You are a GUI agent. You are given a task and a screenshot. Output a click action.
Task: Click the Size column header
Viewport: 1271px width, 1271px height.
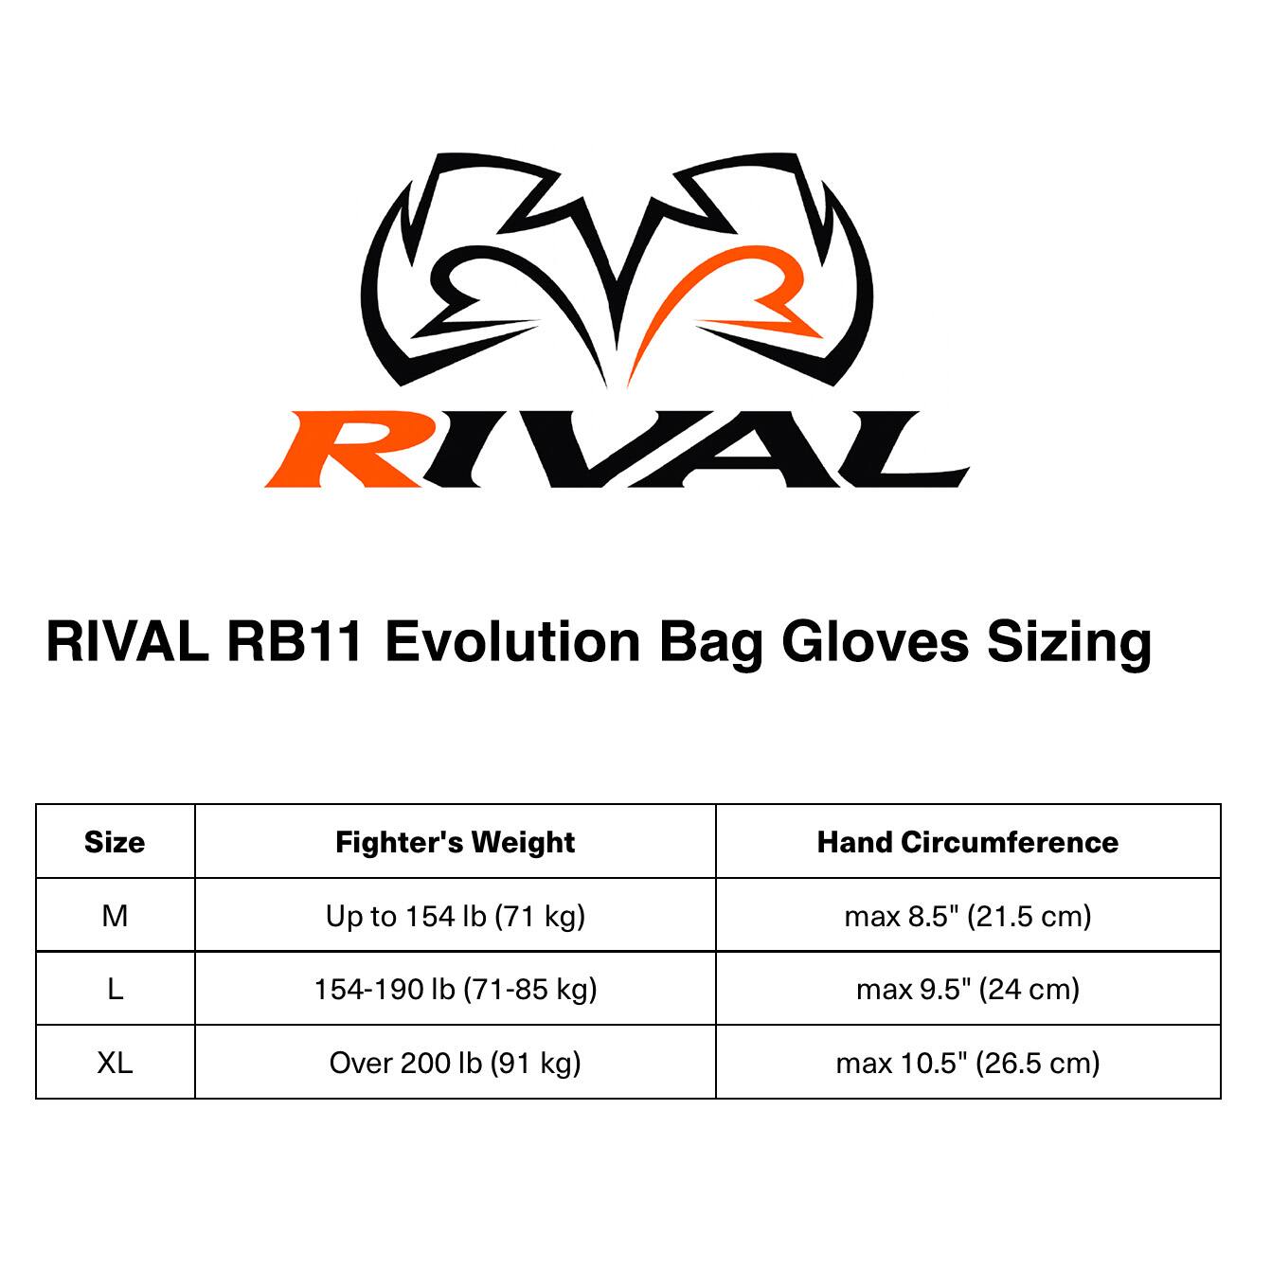coord(115,842)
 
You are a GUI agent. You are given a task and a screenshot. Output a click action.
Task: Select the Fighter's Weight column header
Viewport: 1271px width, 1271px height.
coord(455,842)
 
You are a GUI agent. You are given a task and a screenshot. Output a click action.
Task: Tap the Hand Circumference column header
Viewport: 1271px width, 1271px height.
coord(968,842)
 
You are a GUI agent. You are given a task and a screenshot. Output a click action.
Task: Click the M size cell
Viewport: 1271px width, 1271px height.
coord(115,916)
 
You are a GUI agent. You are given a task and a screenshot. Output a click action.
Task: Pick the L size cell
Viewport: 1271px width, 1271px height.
coord(115,990)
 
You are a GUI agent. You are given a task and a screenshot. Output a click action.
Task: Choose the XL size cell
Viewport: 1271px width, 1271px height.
coord(115,1063)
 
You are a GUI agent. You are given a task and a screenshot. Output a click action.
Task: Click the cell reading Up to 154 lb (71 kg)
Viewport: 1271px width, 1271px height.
coord(455,916)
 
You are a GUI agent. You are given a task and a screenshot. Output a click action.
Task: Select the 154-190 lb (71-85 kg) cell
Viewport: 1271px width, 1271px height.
coord(455,990)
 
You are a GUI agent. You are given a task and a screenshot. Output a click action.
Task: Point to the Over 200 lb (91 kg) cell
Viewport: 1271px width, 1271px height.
coord(455,1063)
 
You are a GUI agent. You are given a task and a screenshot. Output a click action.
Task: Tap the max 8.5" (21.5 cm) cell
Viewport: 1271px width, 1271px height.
coord(968,916)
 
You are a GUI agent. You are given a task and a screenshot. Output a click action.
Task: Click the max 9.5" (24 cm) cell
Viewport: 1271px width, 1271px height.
coord(968,990)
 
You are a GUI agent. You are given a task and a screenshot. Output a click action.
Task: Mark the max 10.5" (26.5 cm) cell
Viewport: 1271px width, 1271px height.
coord(968,1063)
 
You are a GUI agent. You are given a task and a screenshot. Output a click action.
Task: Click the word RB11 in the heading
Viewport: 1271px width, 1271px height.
coord(295,641)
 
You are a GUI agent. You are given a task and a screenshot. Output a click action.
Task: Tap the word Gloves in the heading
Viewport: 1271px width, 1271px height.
coord(875,641)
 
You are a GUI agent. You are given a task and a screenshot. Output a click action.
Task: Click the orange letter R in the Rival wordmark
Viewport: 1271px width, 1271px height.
coord(346,449)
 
